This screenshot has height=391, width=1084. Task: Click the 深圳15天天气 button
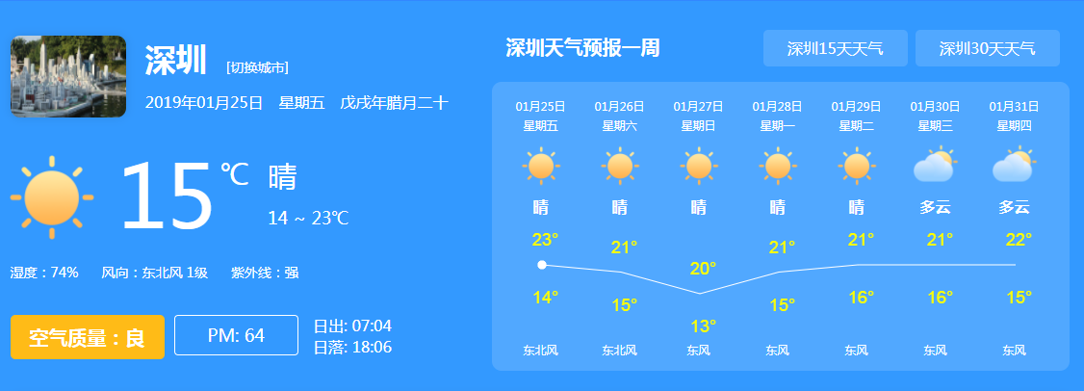click(x=835, y=48)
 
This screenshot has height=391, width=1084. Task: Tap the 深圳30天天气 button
click(x=987, y=48)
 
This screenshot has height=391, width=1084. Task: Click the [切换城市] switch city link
click(x=257, y=67)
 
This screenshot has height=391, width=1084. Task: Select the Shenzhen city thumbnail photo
click(x=68, y=76)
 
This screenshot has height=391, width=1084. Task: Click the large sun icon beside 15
click(x=52, y=197)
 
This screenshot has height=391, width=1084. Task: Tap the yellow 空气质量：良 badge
click(x=87, y=337)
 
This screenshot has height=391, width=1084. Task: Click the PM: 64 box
click(x=236, y=336)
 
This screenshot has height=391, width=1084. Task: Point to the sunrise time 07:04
click(x=372, y=326)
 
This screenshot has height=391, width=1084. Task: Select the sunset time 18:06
click(x=372, y=347)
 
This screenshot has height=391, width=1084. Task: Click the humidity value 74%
click(x=65, y=273)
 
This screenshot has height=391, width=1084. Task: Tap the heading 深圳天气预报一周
click(x=582, y=48)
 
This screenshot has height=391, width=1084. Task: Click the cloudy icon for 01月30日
click(x=936, y=166)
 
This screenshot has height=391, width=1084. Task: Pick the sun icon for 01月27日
click(x=699, y=166)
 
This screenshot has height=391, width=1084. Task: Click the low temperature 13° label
click(x=704, y=326)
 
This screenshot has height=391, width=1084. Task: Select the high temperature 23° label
click(x=546, y=240)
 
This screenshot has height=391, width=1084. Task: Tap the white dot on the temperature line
click(x=542, y=264)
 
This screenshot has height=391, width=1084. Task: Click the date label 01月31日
click(x=1014, y=107)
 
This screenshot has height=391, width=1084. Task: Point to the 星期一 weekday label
click(x=778, y=126)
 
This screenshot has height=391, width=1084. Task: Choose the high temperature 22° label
click(x=1019, y=240)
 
